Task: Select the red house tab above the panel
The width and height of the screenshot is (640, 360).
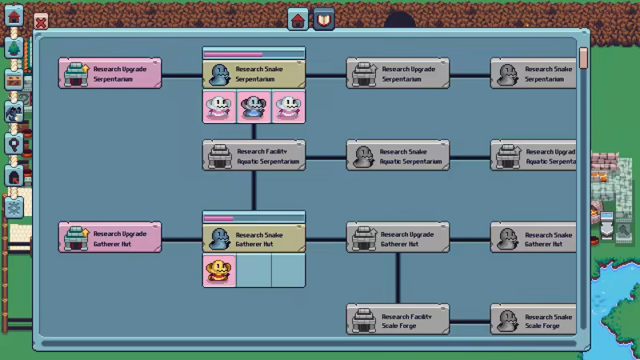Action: (298, 20)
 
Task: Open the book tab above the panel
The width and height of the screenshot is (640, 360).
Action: (323, 20)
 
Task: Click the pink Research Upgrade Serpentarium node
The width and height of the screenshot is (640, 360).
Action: (110, 74)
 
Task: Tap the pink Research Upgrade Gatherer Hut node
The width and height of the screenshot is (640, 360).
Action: (110, 238)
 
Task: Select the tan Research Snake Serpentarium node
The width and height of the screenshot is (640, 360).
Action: (254, 74)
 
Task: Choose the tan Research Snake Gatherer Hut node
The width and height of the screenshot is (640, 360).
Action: (254, 238)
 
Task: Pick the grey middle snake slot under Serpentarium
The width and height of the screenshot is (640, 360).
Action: (254, 106)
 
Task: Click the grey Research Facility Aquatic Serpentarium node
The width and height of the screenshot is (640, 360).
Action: (254, 156)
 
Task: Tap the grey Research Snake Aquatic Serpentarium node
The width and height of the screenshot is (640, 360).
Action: (398, 156)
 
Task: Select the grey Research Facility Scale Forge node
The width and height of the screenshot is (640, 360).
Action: (398, 320)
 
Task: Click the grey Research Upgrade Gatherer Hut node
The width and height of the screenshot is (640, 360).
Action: (398, 238)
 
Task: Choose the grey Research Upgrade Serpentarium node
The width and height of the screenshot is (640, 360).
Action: (398, 74)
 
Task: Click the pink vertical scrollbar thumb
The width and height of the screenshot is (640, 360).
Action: (583, 58)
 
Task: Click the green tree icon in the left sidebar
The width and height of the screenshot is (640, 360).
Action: (14, 47)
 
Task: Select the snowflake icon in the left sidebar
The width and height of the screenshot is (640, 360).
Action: (14, 206)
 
